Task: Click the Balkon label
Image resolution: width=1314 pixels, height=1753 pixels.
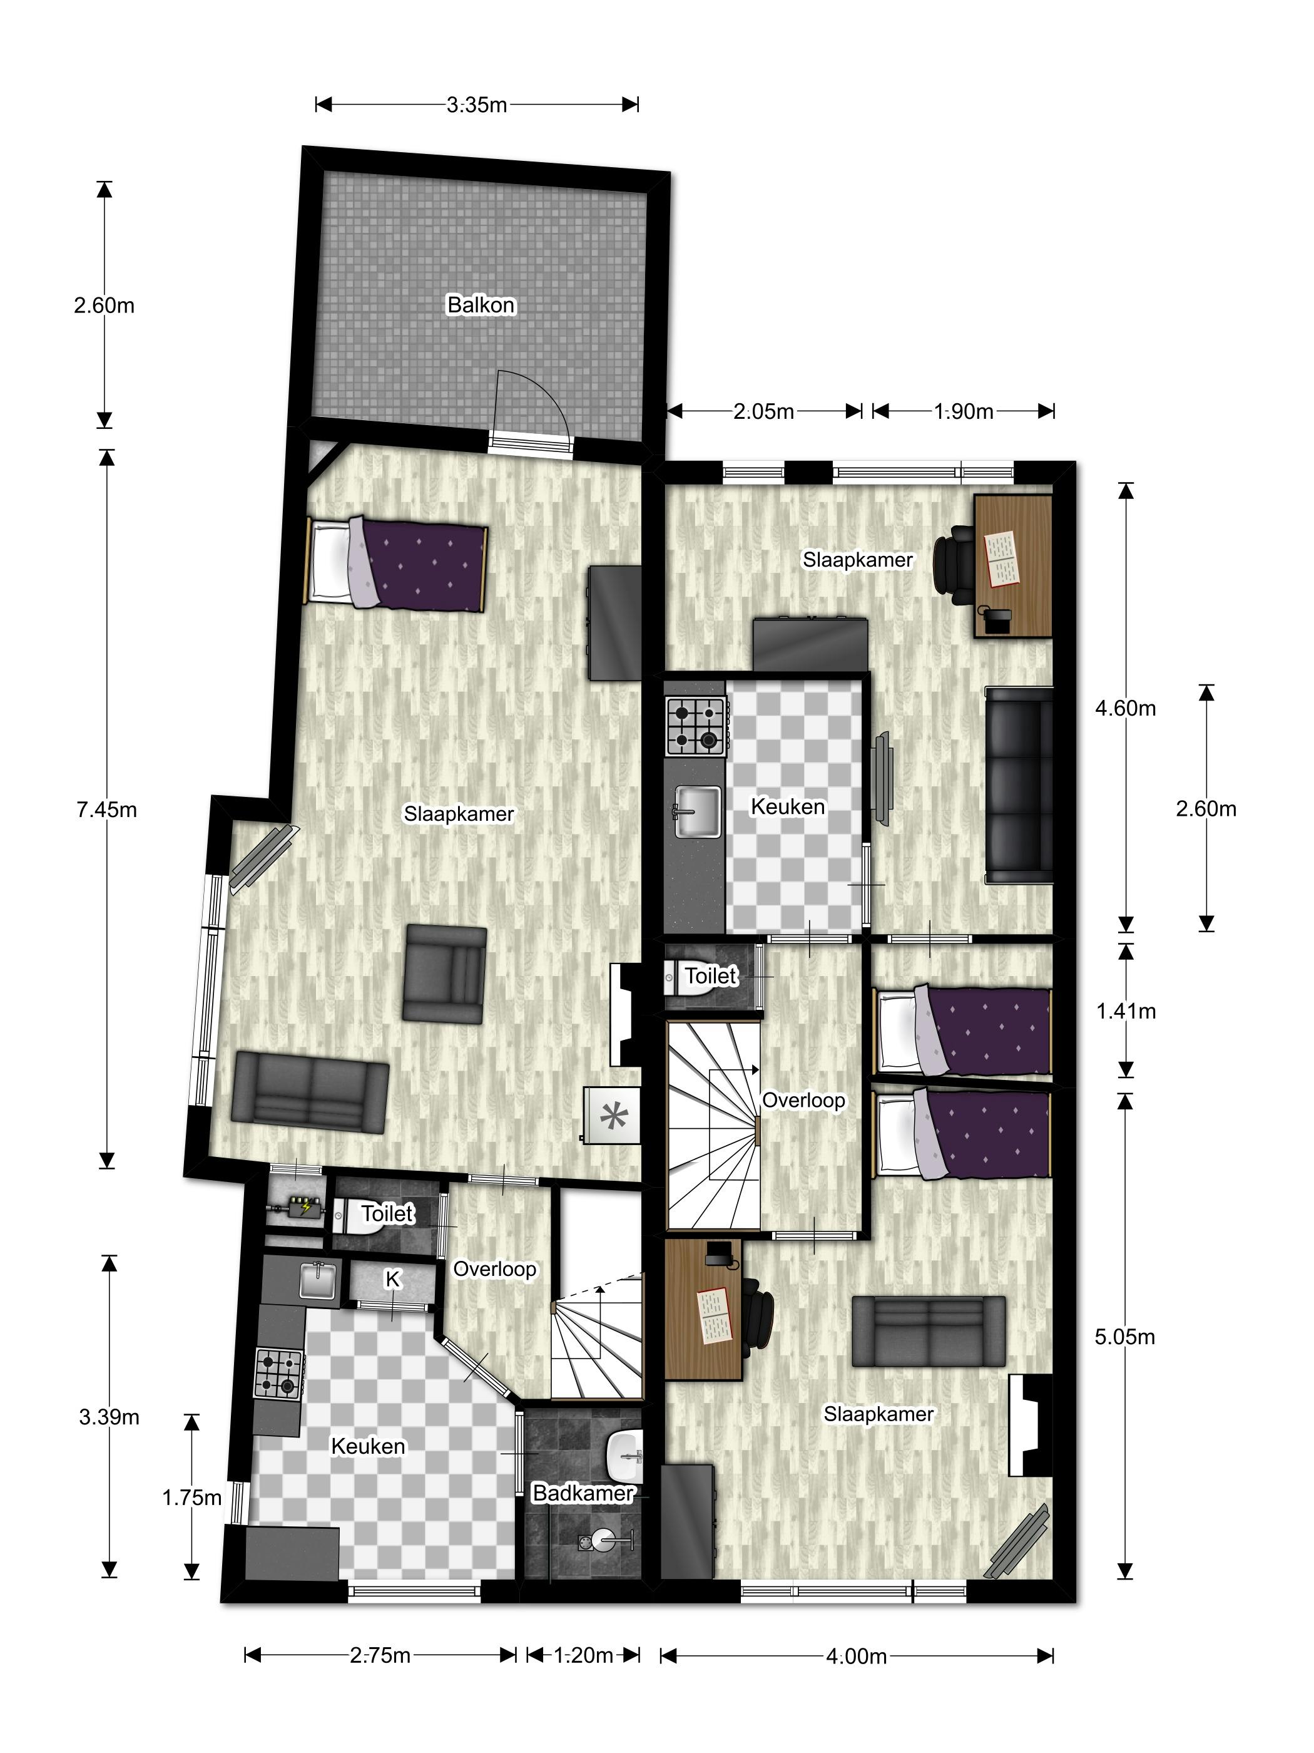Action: pos(481,305)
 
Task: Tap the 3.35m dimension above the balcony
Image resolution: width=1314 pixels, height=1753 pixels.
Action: pos(476,105)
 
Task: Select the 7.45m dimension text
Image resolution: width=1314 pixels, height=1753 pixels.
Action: pos(107,809)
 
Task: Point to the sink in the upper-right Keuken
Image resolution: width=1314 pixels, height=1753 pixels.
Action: pos(698,811)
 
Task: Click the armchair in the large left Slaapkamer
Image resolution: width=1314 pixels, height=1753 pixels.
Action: pos(444,974)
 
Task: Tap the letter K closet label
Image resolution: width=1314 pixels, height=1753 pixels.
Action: pos(392,1280)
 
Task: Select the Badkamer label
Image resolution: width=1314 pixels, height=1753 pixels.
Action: pos(583,1493)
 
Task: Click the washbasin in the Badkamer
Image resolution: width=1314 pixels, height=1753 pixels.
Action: pos(626,1457)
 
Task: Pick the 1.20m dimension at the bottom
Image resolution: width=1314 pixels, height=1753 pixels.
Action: pos(583,1655)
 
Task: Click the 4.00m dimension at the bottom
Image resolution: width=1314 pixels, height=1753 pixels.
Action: pos(856,1657)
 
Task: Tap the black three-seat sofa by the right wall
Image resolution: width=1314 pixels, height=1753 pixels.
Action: pos(1019,785)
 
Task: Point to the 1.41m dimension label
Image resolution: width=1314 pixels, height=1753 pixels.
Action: pos(1126,1011)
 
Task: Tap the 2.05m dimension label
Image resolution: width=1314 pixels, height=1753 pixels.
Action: pos(763,411)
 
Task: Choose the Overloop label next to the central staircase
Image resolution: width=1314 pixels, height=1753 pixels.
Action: pos(803,1101)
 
